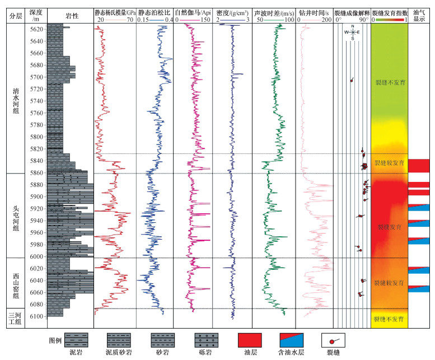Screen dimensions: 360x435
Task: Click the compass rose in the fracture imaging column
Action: [x=353, y=32]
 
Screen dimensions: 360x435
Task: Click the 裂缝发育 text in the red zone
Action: [x=389, y=227]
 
